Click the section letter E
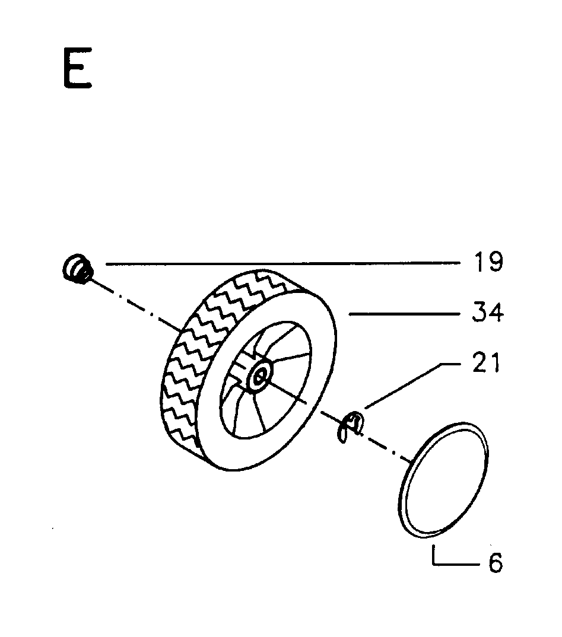[78, 68]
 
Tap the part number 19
[488, 262]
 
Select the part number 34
[488, 313]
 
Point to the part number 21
[486, 362]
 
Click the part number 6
[495, 562]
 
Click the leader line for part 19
[283, 264]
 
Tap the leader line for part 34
[404, 314]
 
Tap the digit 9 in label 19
[496, 262]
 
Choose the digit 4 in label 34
[496, 313]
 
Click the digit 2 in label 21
[480, 362]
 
